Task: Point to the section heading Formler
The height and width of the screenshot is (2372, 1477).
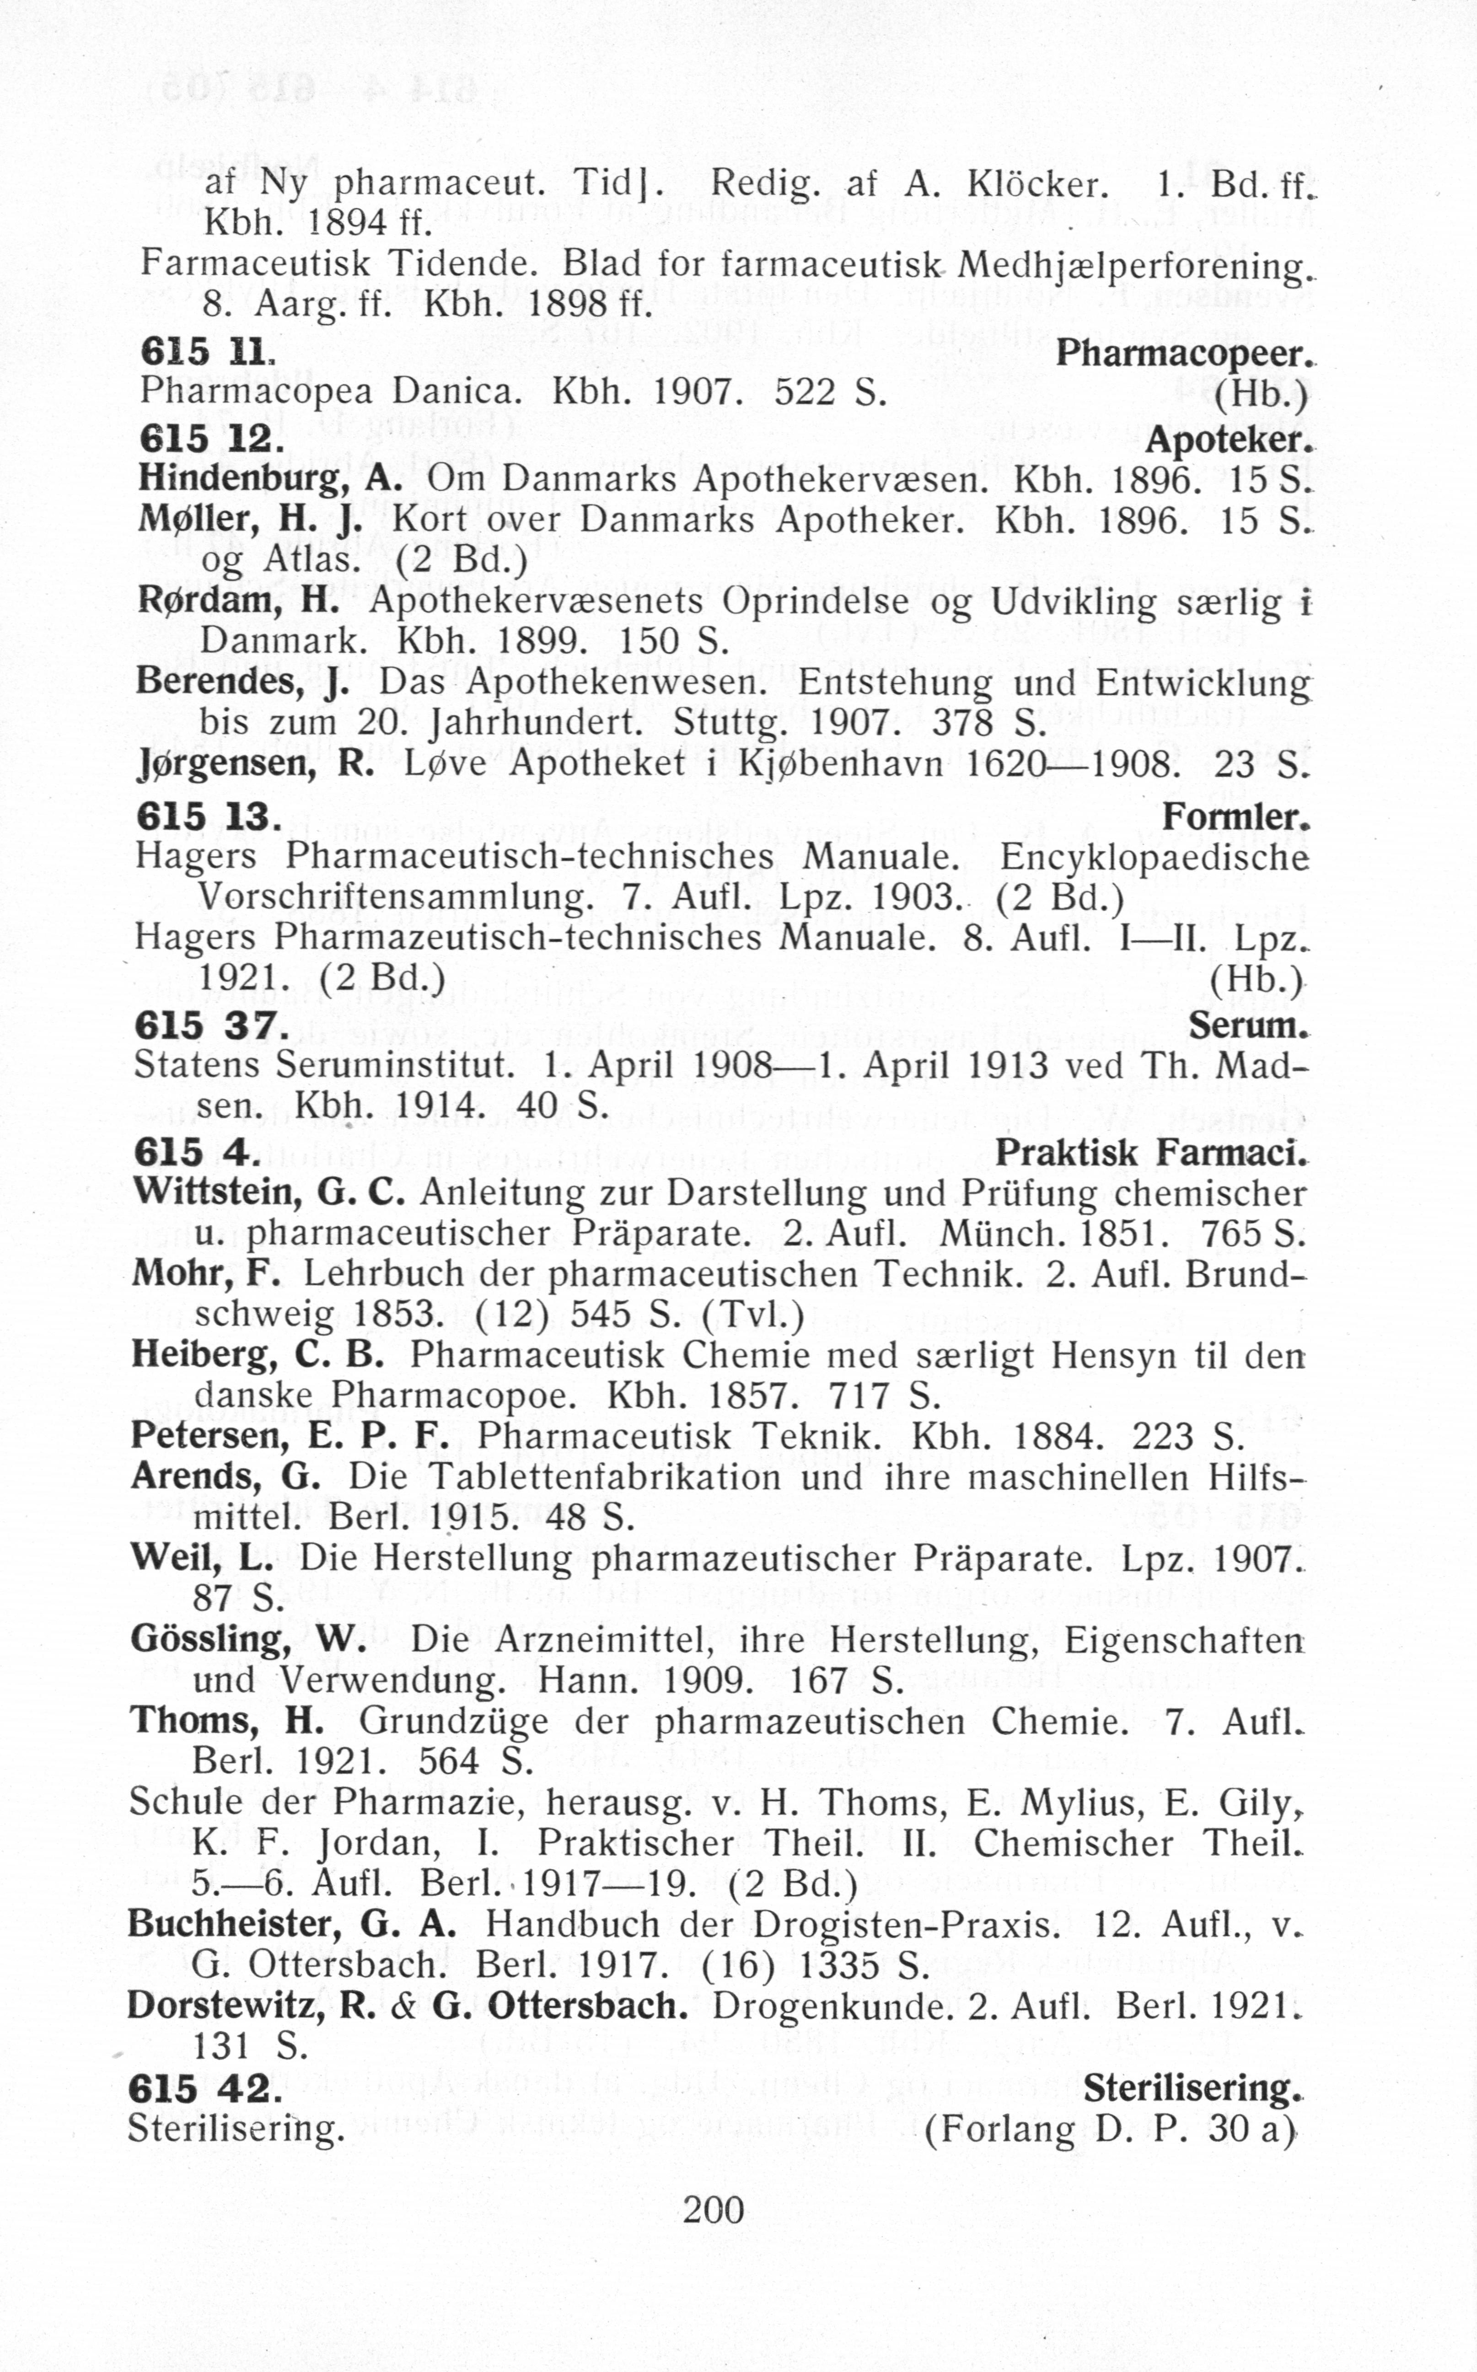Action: pos(1235,816)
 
